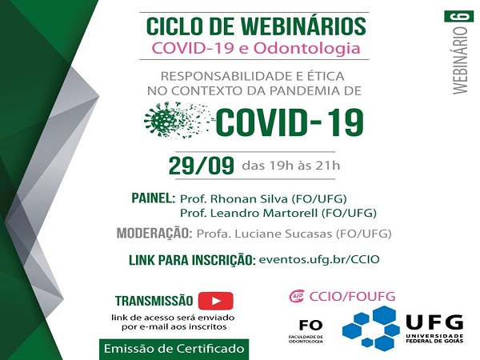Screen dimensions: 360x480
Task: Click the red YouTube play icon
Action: point(215,301)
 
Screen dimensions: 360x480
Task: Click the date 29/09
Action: point(201,166)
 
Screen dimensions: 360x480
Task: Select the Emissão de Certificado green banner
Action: point(173,349)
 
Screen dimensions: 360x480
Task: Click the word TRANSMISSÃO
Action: point(154,302)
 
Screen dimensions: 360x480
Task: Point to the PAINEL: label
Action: point(151,198)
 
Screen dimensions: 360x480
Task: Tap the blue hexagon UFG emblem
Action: point(370,328)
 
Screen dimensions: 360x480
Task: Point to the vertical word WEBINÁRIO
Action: point(462,62)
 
